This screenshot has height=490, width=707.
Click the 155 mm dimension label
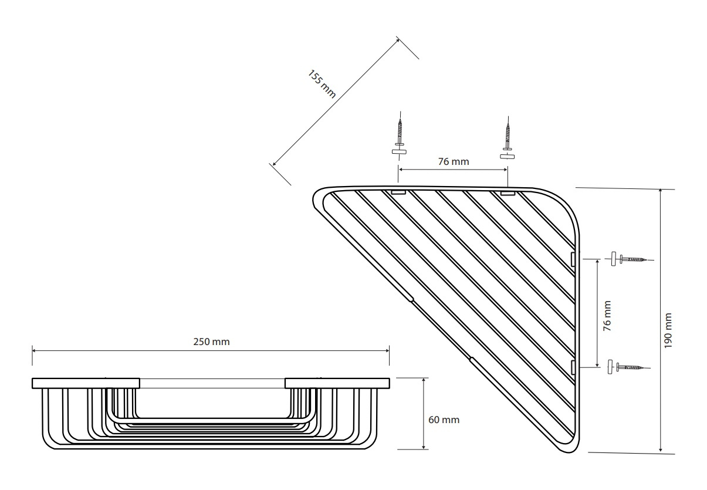tap(322, 84)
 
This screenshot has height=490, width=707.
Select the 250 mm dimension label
tap(211, 342)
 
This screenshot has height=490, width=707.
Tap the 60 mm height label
tap(444, 420)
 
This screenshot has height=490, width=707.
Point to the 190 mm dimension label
tap(668, 330)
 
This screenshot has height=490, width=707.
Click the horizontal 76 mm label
tap(454, 161)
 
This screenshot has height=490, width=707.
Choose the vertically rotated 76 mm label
tap(607, 316)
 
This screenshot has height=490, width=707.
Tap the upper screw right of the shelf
tap(628, 259)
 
